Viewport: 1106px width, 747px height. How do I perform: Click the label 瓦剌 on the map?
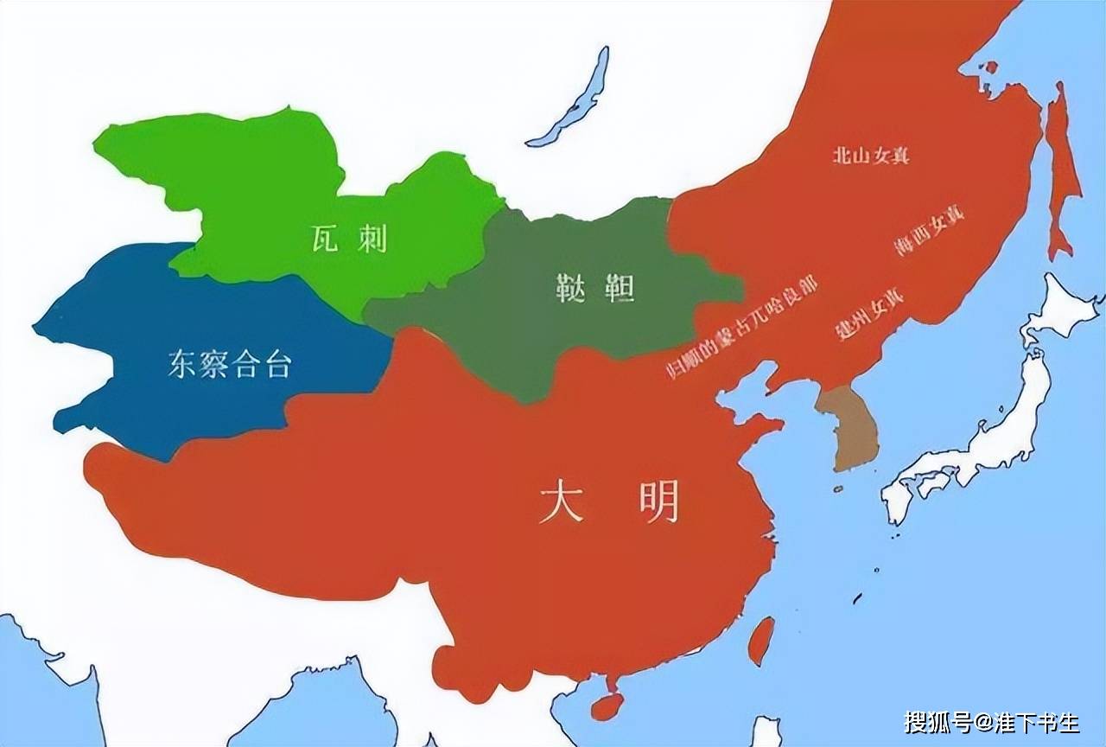(x=349, y=239)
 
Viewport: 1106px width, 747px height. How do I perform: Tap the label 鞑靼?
(x=596, y=288)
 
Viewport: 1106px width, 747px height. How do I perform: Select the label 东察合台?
(x=229, y=365)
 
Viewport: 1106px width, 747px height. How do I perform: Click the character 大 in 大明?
(x=561, y=502)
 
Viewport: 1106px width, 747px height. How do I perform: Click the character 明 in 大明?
(x=659, y=501)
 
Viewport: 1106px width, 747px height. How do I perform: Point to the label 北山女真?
(x=871, y=156)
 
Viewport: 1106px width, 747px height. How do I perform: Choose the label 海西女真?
(x=929, y=232)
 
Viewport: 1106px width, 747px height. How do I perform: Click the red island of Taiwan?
(x=760, y=641)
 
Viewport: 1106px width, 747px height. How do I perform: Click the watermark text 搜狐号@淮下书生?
(x=992, y=721)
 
